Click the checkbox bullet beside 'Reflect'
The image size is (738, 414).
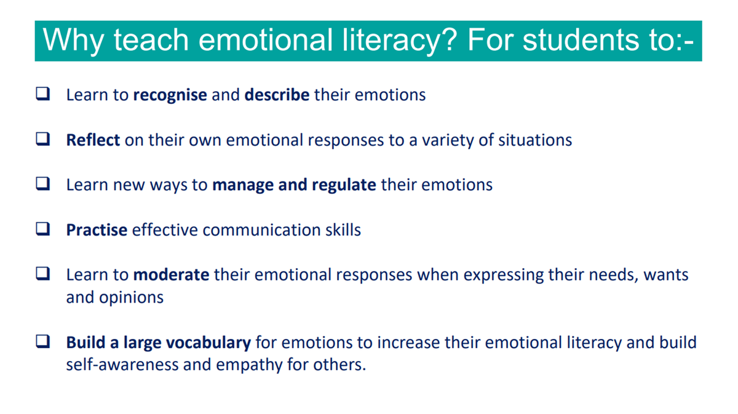(x=43, y=139)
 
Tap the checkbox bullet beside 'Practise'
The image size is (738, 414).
(x=43, y=229)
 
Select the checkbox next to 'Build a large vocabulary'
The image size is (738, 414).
(x=43, y=341)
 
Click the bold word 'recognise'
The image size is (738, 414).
(x=170, y=95)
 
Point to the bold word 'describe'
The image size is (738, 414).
(x=277, y=95)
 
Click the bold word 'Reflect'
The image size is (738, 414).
(x=93, y=140)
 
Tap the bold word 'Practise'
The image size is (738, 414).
(x=97, y=229)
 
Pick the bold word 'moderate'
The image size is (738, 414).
(x=171, y=274)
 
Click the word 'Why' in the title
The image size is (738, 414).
(x=73, y=41)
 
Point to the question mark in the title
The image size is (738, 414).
(x=449, y=39)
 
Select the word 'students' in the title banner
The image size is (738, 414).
(x=581, y=39)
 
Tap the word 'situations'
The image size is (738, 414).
(x=534, y=140)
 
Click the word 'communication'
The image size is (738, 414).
(x=261, y=229)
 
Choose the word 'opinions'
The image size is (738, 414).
(x=131, y=298)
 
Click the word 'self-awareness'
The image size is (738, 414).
(x=122, y=365)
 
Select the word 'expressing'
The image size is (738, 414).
(x=504, y=276)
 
